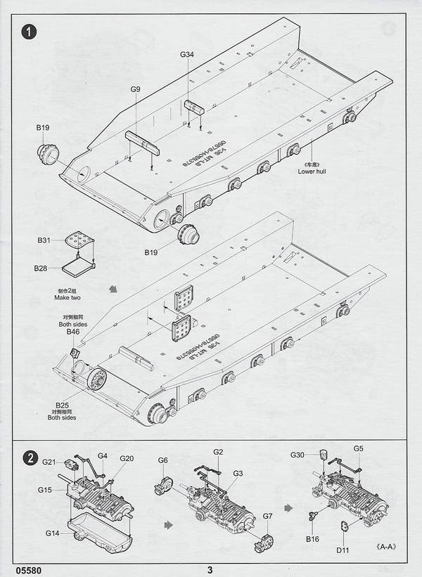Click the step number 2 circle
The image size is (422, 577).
[x=29, y=458]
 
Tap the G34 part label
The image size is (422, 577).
[x=187, y=55]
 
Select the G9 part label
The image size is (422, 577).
[x=135, y=89]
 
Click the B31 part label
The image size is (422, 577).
[x=44, y=240]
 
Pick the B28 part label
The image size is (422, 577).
[x=41, y=268]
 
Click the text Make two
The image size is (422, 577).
[x=69, y=299]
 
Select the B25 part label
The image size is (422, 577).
[x=62, y=406]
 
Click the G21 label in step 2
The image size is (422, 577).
[x=49, y=462]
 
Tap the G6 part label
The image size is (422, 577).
[x=163, y=460]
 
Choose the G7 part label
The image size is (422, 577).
[x=267, y=517]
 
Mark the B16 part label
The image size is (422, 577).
[x=312, y=538]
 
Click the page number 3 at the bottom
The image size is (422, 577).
[x=210, y=570]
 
